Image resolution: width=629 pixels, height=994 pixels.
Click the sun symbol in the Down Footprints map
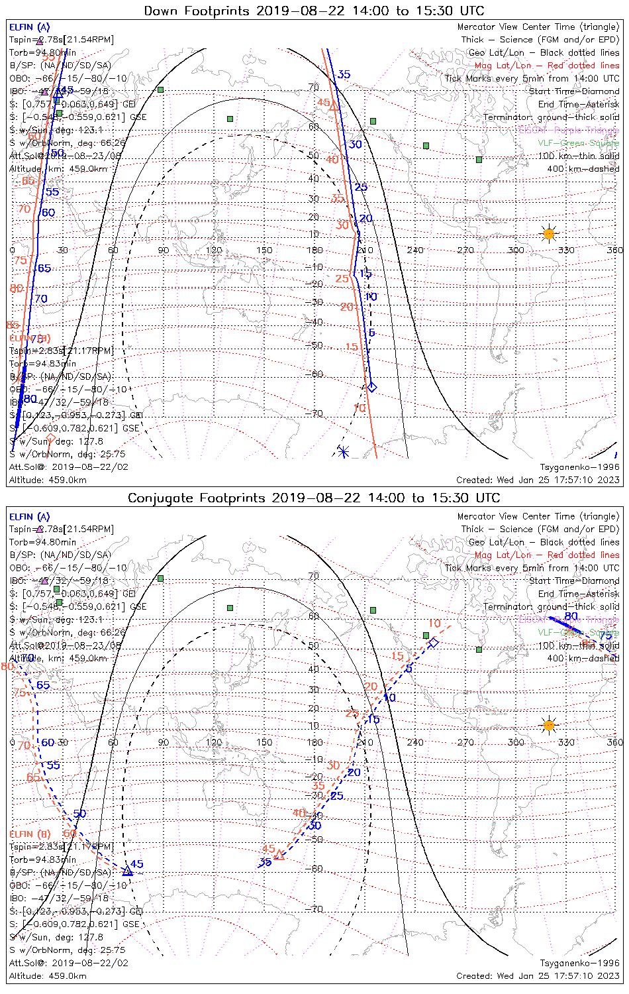pyautogui.click(x=549, y=233)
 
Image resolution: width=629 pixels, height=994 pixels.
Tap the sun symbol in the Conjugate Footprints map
pyautogui.click(x=549, y=725)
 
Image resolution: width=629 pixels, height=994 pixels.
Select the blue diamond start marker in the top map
pyautogui.click(x=372, y=387)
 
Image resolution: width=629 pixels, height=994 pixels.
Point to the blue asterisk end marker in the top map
pyautogui.click(x=343, y=451)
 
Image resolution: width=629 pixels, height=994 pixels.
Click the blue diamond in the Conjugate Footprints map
pyautogui.click(x=433, y=643)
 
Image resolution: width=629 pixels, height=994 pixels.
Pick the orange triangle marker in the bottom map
pyautogui.click(x=279, y=856)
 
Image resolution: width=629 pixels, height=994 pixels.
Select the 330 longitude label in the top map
pyautogui.click(x=566, y=250)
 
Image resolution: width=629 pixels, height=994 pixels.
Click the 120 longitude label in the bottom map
pyautogui.click(x=214, y=742)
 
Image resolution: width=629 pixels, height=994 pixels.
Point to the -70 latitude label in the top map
pyautogui.click(x=315, y=414)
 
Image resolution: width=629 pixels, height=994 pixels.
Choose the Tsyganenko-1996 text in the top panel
pyautogui.click(x=580, y=467)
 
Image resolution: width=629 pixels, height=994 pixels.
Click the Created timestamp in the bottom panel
pyautogui.click(x=538, y=976)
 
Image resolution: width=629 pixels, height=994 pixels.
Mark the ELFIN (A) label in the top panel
pyautogui.click(x=29, y=27)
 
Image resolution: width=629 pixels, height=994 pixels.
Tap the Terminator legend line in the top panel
pyautogui.click(x=551, y=117)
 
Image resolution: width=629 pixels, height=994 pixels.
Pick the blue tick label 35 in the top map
pyautogui.click(x=344, y=74)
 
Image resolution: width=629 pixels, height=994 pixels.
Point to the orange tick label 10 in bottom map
pyautogui.click(x=434, y=624)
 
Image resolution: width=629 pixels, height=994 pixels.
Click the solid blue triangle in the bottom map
pyautogui.click(x=127, y=871)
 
